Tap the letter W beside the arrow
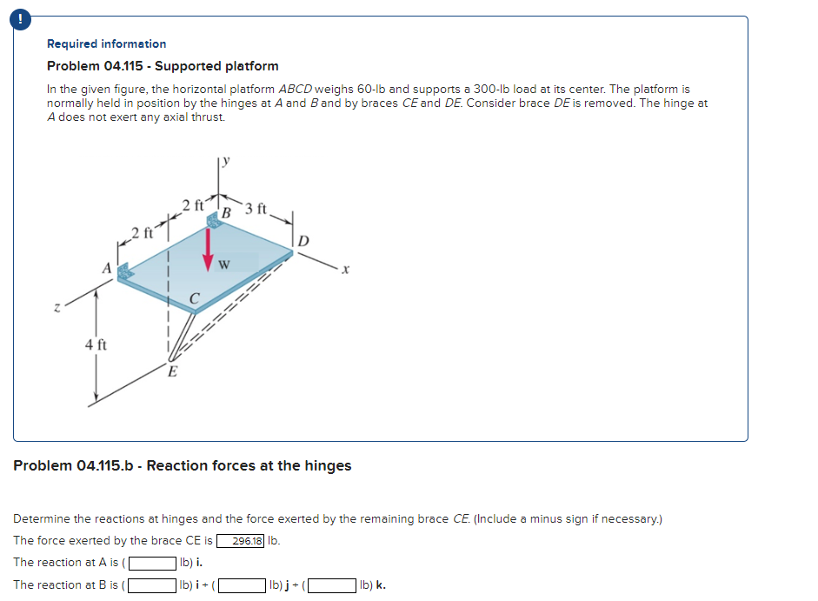pyautogui.click(x=224, y=264)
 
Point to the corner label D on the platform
pyautogui.click(x=303, y=239)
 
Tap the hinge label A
pyautogui.click(x=108, y=270)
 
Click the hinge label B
pyautogui.click(x=225, y=212)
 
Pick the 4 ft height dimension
pyautogui.click(x=96, y=345)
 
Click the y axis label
pyautogui.click(x=227, y=159)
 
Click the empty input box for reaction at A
pyautogui.click(x=153, y=563)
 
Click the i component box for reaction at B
pyautogui.click(x=153, y=585)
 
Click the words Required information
pyautogui.click(x=106, y=43)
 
